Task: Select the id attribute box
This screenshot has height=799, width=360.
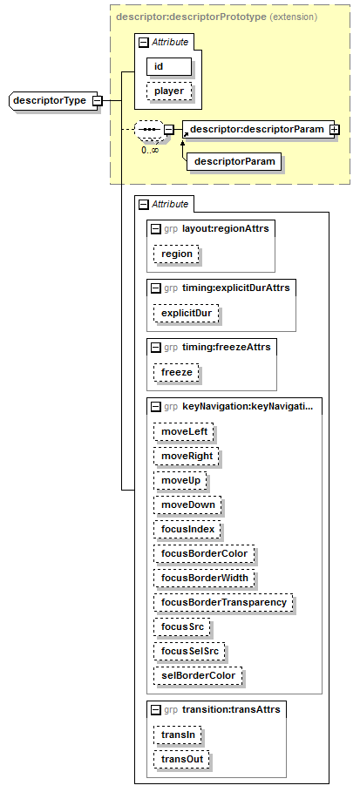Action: coord(169,67)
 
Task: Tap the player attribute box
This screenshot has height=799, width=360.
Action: coord(169,91)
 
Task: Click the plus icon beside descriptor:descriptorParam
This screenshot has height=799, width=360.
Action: coord(334,130)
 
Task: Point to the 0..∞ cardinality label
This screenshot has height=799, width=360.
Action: coord(150,151)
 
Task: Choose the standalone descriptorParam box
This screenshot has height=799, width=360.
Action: coord(234,162)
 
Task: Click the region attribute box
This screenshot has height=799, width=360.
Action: coord(176,254)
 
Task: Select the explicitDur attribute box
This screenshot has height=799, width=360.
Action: coord(187,314)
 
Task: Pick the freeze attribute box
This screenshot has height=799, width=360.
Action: coord(176,373)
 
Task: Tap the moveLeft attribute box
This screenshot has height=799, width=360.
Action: coord(183,432)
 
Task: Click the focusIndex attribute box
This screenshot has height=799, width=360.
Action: coord(187,530)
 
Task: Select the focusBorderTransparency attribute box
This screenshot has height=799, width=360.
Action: coord(223,602)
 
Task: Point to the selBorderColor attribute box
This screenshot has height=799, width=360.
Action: coord(198,675)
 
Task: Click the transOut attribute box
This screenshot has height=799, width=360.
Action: coord(181,759)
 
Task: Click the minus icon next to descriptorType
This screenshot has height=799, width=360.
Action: coord(97,100)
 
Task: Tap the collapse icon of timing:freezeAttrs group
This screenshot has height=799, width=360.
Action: coord(156,348)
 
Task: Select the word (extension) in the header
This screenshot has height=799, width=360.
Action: coord(293,17)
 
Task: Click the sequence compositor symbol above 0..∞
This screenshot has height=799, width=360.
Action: coord(149,130)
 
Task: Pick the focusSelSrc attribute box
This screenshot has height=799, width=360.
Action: coord(189,651)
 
